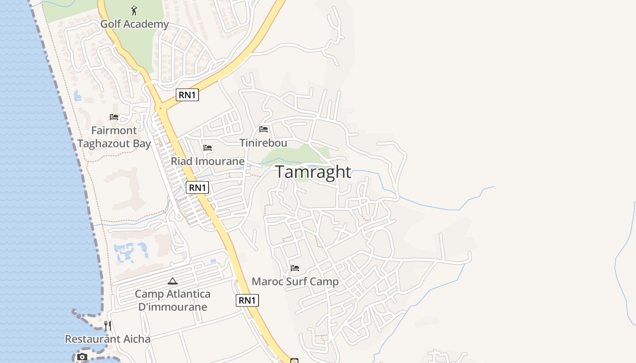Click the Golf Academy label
coord(134,24)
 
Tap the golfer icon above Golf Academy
coord(134,10)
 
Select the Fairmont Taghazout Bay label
coord(114,137)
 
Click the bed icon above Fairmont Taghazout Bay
coord(114,117)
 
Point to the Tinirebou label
coord(263,143)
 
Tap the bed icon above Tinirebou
coord(263,129)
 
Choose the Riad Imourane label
coord(208,161)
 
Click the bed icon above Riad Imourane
coord(208,148)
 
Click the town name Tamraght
coord(313,172)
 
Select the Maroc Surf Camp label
coord(295,282)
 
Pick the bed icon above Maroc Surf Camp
coord(295,268)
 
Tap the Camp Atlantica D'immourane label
coord(173,300)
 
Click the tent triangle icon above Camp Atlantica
coord(173,281)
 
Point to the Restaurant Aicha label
coord(108,339)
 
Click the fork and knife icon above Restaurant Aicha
coord(108,325)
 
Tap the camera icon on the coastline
coord(82,357)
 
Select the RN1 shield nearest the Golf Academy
coord(187,95)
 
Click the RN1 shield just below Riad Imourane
coord(197,187)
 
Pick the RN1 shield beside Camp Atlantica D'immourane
coord(247,300)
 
